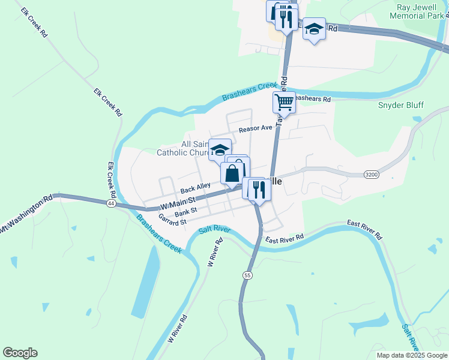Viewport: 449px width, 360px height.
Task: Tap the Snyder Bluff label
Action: point(401,106)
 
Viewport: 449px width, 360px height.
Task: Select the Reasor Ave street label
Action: point(255,129)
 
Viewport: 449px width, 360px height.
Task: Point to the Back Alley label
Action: point(196,187)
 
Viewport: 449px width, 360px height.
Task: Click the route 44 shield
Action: point(111,203)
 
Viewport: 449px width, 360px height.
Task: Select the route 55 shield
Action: point(247,275)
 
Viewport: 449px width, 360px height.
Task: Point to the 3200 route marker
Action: point(372,174)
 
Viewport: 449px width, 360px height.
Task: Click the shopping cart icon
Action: point(284,101)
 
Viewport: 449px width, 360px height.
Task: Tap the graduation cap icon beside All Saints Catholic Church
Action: point(220,149)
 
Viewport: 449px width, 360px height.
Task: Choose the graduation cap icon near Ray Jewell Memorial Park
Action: point(314,28)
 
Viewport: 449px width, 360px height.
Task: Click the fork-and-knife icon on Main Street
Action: point(260,189)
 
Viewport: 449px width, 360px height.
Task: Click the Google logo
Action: point(20,353)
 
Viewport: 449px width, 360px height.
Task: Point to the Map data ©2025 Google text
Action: point(412,355)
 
